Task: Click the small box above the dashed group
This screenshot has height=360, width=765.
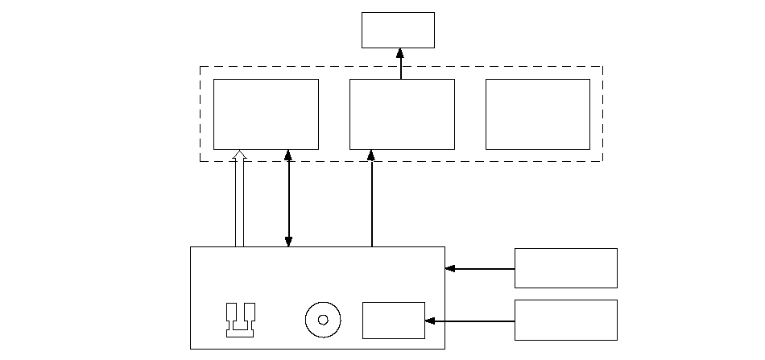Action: coord(398,30)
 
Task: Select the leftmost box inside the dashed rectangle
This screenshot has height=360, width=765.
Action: coord(266,114)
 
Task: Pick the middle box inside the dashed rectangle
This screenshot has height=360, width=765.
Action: coord(402,114)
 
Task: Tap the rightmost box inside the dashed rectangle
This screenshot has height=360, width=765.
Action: coord(537,114)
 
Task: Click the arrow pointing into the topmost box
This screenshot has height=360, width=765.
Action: coord(401,64)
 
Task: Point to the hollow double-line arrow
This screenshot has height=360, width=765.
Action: coord(239,201)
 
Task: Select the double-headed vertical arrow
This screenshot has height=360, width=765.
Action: coord(288,197)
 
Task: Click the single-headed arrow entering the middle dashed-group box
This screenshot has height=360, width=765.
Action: coord(371,197)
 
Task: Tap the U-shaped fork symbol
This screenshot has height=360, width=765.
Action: coord(241,320)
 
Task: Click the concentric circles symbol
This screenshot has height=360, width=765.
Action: coord(323,320)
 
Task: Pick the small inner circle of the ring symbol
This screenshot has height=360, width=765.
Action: coord(323,320)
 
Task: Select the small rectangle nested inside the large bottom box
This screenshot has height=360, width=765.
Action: coord(393,321)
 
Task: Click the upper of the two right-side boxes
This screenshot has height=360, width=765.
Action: coord(565,268)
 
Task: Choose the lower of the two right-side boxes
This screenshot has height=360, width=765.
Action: coord(565,320)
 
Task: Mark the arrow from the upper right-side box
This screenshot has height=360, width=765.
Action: coord(480,268)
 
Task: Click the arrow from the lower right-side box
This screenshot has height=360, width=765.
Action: coord(470,321)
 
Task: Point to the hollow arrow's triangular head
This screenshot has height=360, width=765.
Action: coord(239,155)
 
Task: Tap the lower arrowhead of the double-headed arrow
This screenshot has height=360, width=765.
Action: coord(288,242)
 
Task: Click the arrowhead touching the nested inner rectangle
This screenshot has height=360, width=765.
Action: coord(430,321)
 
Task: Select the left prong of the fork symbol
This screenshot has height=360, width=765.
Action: coord(231,313)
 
